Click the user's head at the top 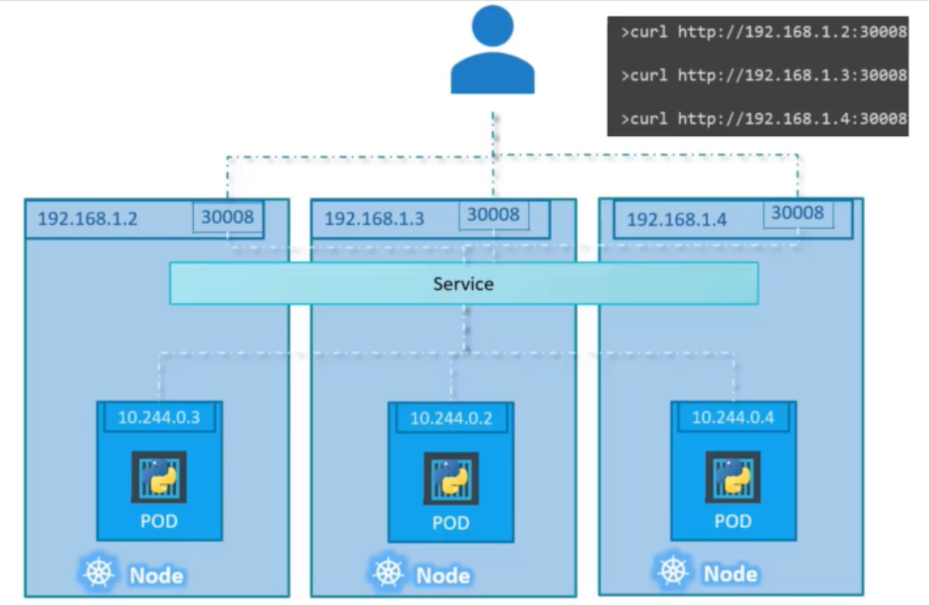tap(492, 26)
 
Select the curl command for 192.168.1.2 tap(763, 32)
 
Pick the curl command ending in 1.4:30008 tap(763, 118)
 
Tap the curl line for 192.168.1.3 tap(763, 75)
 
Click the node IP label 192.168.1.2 tap(88, 219)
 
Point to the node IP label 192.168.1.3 tap(374, 219)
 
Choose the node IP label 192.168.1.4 tap(677, 220)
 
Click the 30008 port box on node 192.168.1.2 tap(228, 217)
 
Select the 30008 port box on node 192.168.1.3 tap(493, 215)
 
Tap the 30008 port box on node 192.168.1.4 tap(798, 213)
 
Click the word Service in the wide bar tap(463, 284)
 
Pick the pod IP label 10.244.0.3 tap(159, 418)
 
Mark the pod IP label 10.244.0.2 tap(451, 418)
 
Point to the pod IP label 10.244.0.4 tap(733, 418)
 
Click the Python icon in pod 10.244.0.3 tap(159, 477)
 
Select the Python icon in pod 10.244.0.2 tap(451, 478)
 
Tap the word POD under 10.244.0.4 tap(733, 521)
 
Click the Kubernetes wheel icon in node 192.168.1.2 tap(98, 573)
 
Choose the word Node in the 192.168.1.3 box tap(443, 576)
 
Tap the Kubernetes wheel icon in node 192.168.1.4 tap(673, 571)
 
